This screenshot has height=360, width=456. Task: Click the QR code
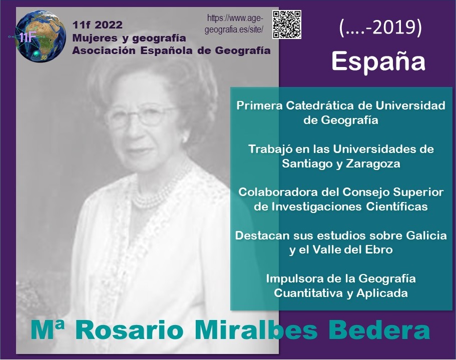point(287,24)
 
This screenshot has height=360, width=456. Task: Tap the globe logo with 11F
point(40,36)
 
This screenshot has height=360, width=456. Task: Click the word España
point(378,61)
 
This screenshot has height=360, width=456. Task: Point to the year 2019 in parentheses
point(394,28)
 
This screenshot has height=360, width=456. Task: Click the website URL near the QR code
point(234,24)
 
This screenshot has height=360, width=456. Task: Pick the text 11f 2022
point(98,25)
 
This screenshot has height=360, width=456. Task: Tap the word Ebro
point(380,249)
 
